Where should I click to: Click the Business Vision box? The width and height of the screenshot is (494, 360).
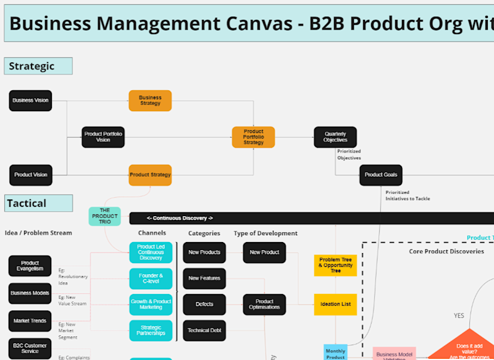click(30, 100)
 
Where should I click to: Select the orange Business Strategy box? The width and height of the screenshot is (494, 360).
click(150, 100)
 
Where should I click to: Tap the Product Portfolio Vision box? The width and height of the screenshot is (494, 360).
click(103, 137)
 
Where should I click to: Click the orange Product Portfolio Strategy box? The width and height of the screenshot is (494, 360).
click(253, 137)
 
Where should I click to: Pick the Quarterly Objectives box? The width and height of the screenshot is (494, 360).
click(335, 137)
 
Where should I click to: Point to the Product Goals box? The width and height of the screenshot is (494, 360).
click(381, 175)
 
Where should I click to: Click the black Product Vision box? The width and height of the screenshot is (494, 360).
click(30, 175)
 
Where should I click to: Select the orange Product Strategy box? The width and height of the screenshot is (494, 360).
click(150, 175)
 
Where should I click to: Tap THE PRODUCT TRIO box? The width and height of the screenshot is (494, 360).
click(104, 216)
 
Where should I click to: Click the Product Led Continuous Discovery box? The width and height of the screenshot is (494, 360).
click(151, 252)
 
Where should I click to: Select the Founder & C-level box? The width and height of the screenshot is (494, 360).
click(151, 278)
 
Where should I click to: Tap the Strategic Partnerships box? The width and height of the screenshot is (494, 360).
click(151, 330)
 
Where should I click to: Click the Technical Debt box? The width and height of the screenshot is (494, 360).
click(204, 330)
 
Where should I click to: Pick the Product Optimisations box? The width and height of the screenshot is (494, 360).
click(264, 304)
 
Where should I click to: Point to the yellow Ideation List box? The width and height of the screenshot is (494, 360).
click(336, 304)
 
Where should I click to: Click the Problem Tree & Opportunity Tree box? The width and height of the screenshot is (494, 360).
click(336, 266)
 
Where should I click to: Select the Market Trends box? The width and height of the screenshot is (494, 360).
click(30, 320)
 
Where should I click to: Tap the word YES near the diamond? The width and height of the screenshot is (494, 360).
click(459, 316)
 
